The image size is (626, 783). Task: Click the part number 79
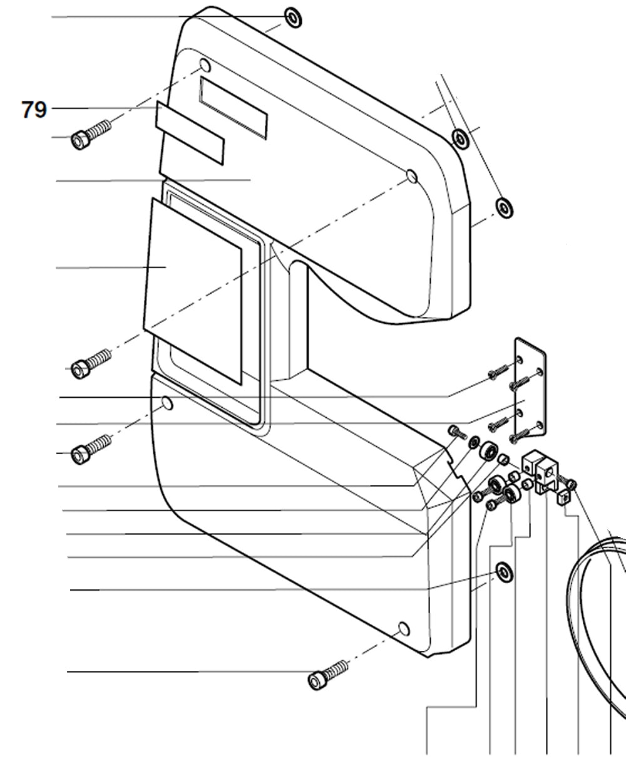(34, 110)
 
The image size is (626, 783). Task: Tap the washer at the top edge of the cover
(293, 18)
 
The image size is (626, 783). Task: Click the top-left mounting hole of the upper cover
(205, 65)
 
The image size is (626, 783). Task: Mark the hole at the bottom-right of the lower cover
(404, 628)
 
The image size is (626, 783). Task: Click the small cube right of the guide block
(564, 497)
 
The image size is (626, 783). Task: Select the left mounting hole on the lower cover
(167, 404)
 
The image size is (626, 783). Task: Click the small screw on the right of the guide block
(571, 483)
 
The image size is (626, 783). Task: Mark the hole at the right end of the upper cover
(411, 176)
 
